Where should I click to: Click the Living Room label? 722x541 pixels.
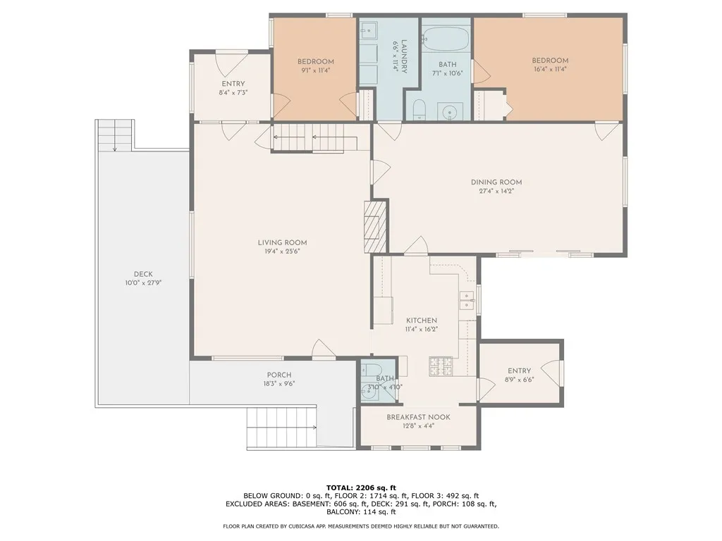point(282,242)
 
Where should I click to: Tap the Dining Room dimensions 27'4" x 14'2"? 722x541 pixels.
point(496,190)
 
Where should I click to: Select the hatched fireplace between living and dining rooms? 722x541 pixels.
point(372,226)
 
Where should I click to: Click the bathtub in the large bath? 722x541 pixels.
point(446,40)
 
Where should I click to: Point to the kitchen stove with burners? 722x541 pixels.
point(441,366)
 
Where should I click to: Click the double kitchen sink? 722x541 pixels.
point(467,300)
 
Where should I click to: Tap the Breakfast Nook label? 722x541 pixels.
point(418,417)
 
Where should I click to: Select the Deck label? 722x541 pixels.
point(143,274)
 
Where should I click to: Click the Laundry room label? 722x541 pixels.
point(404,56)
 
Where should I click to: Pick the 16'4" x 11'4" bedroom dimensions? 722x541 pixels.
point(550,69)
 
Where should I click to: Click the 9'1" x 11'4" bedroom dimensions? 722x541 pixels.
point(315,70)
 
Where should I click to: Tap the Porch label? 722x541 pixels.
point(279,375)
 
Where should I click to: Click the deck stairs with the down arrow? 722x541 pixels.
point(115,135)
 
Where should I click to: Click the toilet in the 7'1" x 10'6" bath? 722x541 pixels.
point(419,109)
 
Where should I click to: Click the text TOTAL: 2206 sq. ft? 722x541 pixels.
point(361,487)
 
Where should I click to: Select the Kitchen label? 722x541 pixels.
point(422,321)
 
